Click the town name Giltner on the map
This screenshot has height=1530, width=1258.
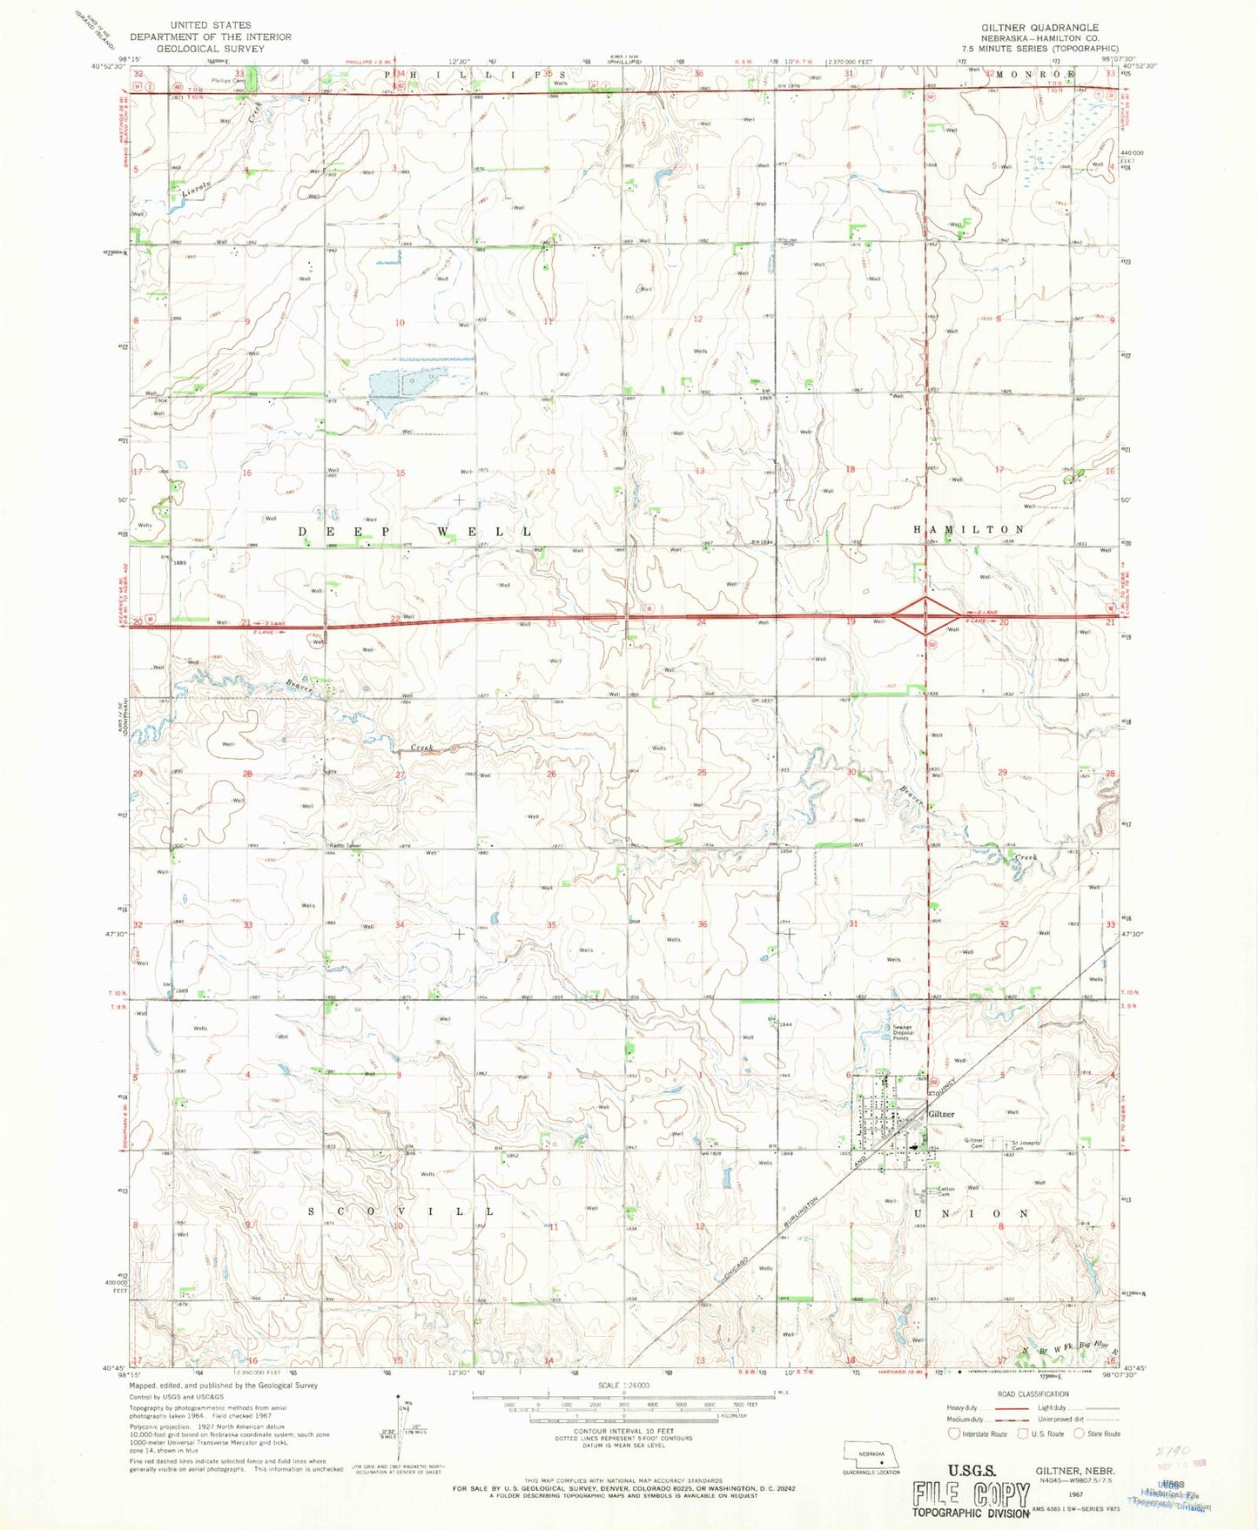pos(941,1114)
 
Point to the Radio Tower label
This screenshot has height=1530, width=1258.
pos(345,846)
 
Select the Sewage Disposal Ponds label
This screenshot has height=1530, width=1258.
pos(902,1033)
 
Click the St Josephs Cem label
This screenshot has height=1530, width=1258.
pos(1025,1144)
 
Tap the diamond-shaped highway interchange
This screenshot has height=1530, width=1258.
pos(925,615)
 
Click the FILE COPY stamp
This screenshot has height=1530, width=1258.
pos(970,1493)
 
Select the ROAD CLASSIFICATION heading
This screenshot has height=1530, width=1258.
pos(1033,1393)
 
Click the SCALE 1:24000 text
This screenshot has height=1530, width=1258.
pos(623,1385)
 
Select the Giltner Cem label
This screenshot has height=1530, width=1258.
pos(973,1143)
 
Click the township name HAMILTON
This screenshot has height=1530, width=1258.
pos(969,529)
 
